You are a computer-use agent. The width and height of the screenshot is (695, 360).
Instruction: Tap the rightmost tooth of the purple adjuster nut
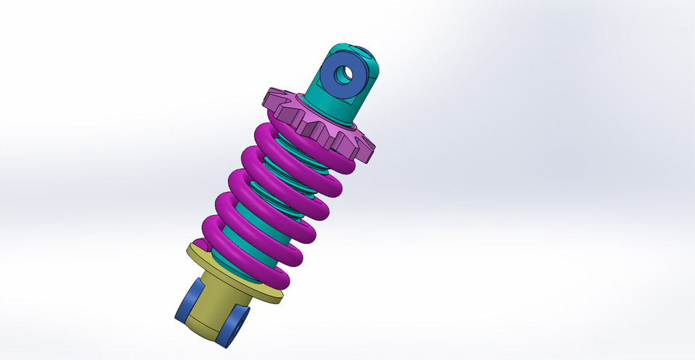(x=368, y=151)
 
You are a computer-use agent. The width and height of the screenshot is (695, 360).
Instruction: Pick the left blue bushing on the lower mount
(x=186, y=301)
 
